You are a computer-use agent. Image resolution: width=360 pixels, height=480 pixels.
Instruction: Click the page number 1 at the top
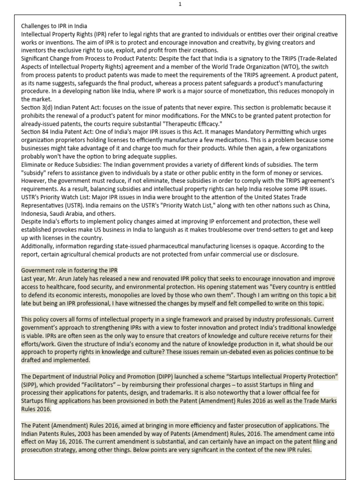180,4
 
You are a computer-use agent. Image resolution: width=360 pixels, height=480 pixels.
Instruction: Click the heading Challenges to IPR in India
54,26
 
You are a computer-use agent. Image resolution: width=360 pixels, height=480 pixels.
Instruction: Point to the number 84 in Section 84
48,132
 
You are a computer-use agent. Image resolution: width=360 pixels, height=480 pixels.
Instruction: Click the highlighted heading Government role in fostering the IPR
69,270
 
